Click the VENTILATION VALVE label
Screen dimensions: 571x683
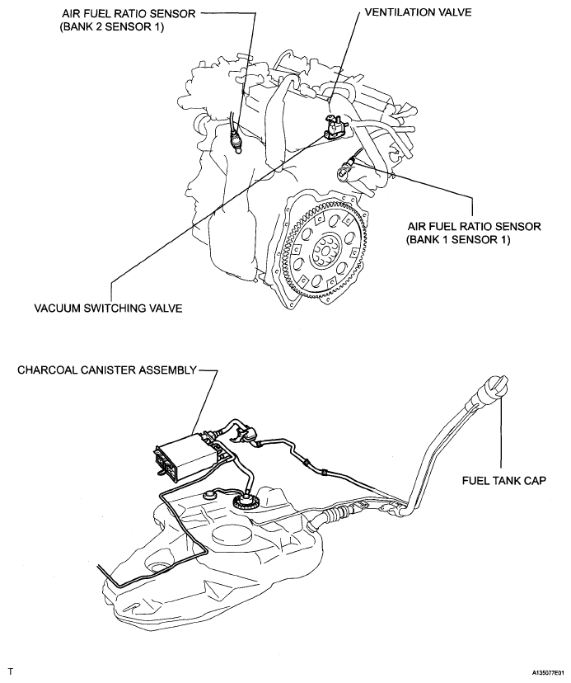(418, 12)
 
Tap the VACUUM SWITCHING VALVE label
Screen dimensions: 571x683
(109, 308)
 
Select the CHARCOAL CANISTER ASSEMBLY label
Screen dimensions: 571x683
(107, 370)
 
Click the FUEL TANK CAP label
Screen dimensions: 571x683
(504, 480)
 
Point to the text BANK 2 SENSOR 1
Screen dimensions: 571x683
(111, 27)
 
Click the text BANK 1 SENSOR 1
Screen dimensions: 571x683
(458, 239)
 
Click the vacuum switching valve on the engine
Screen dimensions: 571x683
(335, 127)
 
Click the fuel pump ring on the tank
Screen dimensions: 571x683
(246, 502)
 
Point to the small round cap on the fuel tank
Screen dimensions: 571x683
(210, 495)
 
